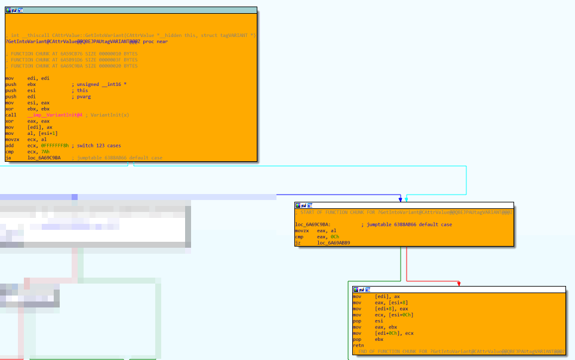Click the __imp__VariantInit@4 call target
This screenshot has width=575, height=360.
pos(56,115)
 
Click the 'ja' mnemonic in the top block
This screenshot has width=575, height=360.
pos(8,158)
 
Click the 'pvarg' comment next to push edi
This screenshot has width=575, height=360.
pos(83,97)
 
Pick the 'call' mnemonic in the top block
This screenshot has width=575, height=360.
pos(11,115)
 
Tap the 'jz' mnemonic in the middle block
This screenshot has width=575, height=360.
pos(298,243)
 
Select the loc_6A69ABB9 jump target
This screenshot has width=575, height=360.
pos(334,243)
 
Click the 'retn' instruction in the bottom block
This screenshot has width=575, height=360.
pos(358,345)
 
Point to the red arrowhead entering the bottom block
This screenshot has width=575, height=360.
pos(459,284)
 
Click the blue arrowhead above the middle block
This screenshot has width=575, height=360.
pos(400,199)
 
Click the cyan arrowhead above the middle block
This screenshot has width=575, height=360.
pos(407,199)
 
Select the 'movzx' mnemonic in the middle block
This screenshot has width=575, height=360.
pos(302,230)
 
